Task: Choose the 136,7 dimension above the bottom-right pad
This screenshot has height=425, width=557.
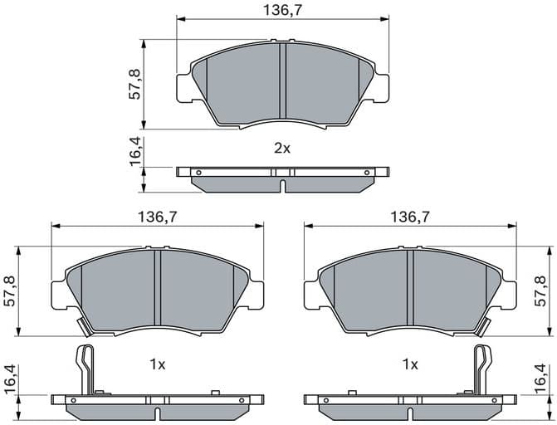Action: [409, 217]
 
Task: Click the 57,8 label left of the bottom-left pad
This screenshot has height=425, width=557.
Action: [9, 292]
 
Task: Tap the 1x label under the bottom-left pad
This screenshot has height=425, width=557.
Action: [157, 364]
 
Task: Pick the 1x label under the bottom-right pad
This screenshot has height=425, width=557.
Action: [409, 364]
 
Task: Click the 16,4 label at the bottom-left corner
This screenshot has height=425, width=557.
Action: [9, 380]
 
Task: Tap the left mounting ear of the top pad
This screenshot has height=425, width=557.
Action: [184, 86]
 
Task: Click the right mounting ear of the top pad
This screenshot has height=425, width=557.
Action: [380, 86]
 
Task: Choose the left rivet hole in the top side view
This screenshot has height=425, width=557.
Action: [198, 172]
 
